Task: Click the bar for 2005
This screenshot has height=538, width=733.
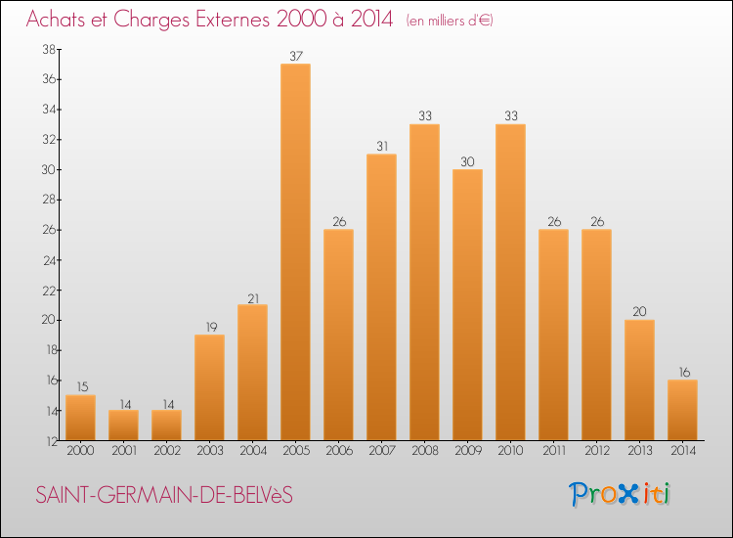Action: coord(295,252)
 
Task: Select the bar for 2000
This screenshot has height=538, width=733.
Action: coord(80,418)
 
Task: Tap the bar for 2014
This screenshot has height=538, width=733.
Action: coord(682,411)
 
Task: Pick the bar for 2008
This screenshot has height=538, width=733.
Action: coord(424,283)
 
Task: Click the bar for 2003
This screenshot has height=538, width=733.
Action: coord(209,388)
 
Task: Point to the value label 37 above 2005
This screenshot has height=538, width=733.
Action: coord(295,55)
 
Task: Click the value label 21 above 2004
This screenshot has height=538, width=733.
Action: coord(252,296)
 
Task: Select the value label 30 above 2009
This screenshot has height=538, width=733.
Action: coord(467,160)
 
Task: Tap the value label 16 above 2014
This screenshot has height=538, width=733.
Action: coord(682,372)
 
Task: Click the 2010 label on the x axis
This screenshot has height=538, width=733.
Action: coord(510,451)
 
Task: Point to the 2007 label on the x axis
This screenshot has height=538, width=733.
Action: coord(381,451)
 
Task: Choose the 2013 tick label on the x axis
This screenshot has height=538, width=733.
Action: coord(639,451)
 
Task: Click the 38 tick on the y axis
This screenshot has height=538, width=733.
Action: coord(47,49)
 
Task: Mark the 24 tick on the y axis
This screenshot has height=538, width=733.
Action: coord(47,260)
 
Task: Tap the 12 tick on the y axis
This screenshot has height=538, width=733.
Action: coord(47,441)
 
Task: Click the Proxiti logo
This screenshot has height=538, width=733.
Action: coord(621,494)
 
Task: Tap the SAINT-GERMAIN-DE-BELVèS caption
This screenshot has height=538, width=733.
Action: coord(164,496)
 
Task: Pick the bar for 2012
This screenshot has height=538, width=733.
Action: coord(596,336)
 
